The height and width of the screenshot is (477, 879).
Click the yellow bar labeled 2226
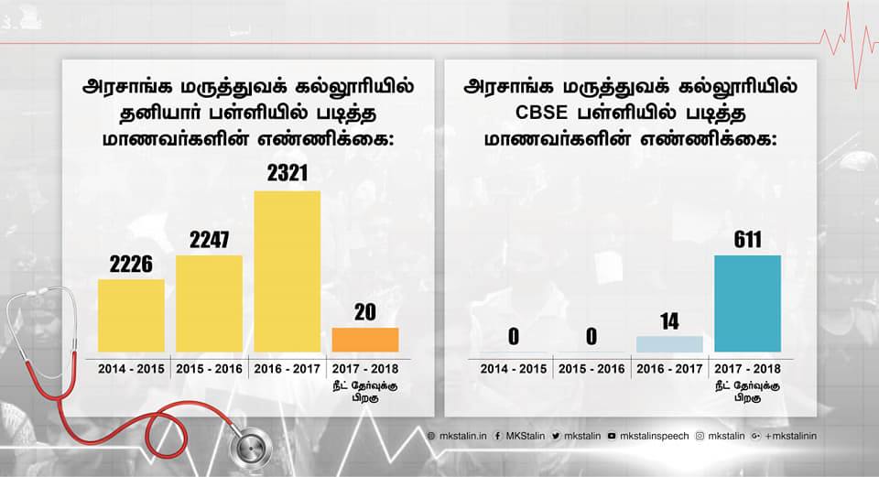pyautogui.click(x=131, y=316)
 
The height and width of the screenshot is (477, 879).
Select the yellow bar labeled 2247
pyautogui.click(x=209, y=304)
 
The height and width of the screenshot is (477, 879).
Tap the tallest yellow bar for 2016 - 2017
pyautogui.click(x=287, y=272)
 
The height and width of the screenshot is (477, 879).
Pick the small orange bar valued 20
pyautogui.click(x=365, y=340)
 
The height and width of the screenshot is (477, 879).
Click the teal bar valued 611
pyautogui.click(x=747, y=304)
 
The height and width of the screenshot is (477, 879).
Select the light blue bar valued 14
pyautogui.click(x=669, y=344)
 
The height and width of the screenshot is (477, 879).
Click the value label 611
pyautogui.click(x=747, y=240)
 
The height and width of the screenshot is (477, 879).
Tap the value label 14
pyautogui.click(x=669, y=321)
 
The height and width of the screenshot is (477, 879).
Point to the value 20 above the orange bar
pyautogui.click(x=365, y=312)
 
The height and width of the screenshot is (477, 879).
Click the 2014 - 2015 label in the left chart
pyautogui.click(x=131, y=368)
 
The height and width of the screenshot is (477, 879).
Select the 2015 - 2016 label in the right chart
pyautogui.click(x=591, y=368)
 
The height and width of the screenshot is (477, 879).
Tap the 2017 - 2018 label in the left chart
pyautogui.click(x=365, y=368)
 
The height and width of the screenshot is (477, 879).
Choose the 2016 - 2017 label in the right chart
pyautogui.click(x=669, y=368)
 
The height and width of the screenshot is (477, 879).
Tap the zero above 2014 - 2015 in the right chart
pyautogui.click(x=514, y=337)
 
